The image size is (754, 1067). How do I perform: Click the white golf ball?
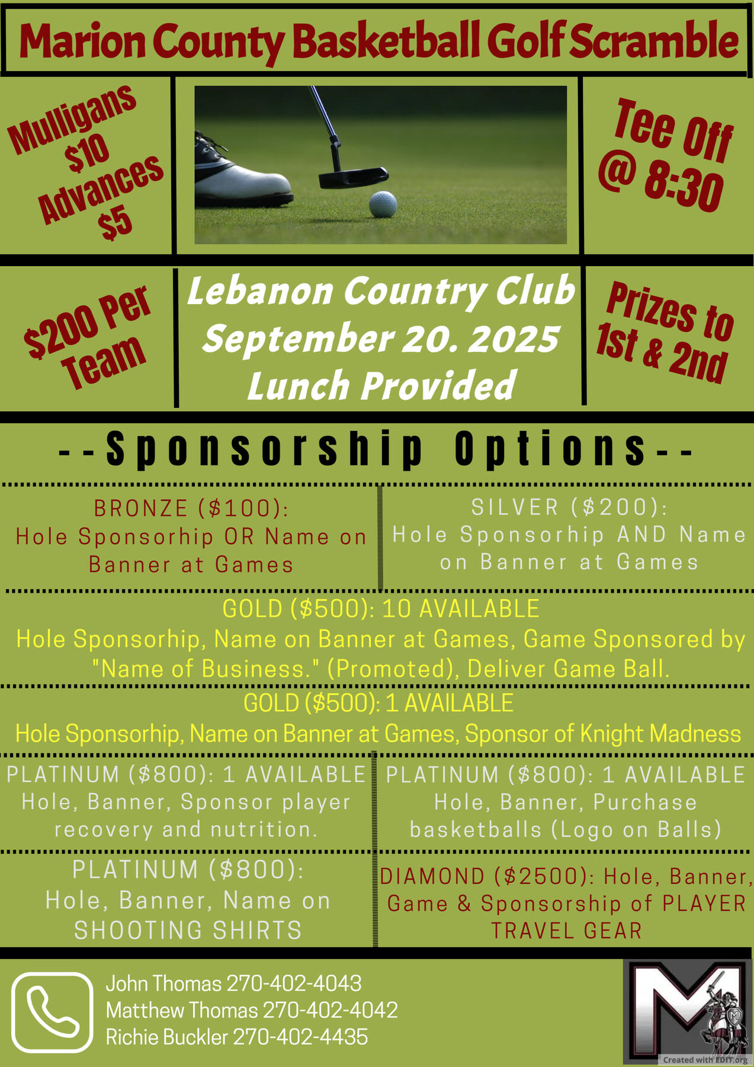click(x=383, y=205)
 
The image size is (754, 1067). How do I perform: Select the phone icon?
click(x=53, y=1012)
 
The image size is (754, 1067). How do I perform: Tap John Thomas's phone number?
click(x=294, y=984)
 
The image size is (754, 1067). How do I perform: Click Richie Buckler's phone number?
click(x=300, y=1037)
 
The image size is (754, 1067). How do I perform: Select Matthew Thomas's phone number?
click(x=330, y=1011)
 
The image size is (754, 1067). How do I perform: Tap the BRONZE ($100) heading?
click(x=191, y=509)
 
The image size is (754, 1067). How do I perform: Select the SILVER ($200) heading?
click(x=569, y=507)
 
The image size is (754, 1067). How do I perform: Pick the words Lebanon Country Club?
click(x=381, y=291)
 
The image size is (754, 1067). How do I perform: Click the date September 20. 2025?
click(x=381, y=338)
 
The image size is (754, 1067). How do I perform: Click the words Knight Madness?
click(x=660, y=734)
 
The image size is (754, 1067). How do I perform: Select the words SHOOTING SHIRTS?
click(x=188, y=930)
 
